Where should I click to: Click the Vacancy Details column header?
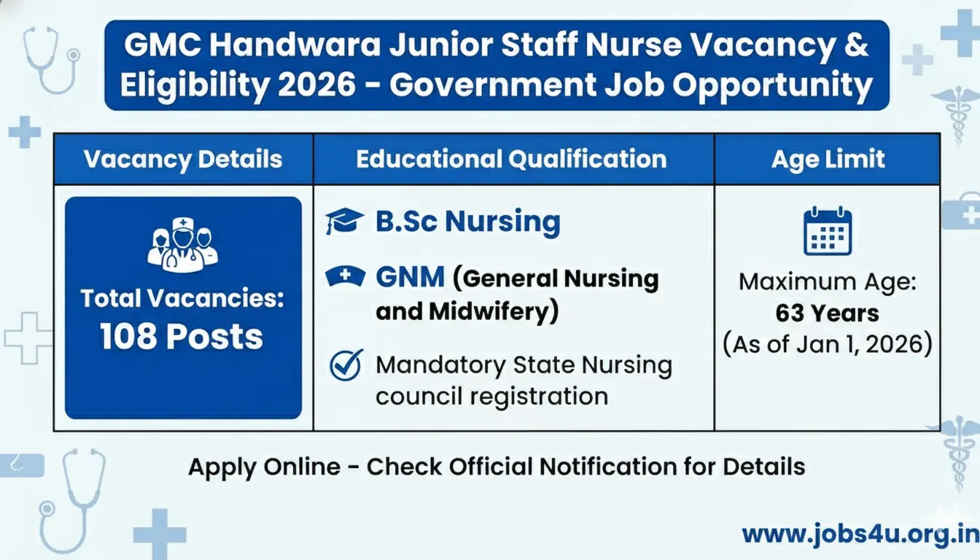(x=183, y=159)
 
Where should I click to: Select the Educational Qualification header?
(x=511, y=159)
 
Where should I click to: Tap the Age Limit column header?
(x=828, y=159)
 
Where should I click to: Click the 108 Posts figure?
(x=182, y=336)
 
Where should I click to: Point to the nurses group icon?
(x=183, y=245)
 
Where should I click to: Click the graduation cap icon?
(x=344, y=221)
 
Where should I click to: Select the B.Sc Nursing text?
(x=467, y=222)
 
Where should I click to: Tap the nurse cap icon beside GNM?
(x=344, y=277)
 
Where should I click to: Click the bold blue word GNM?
(x=410, y=278)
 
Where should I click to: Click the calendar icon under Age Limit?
(x=828, y=231)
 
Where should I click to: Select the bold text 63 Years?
(x=827, y=314)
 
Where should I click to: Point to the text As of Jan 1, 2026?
(x=828, y=344)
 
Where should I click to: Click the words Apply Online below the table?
(x=264, y=467)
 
